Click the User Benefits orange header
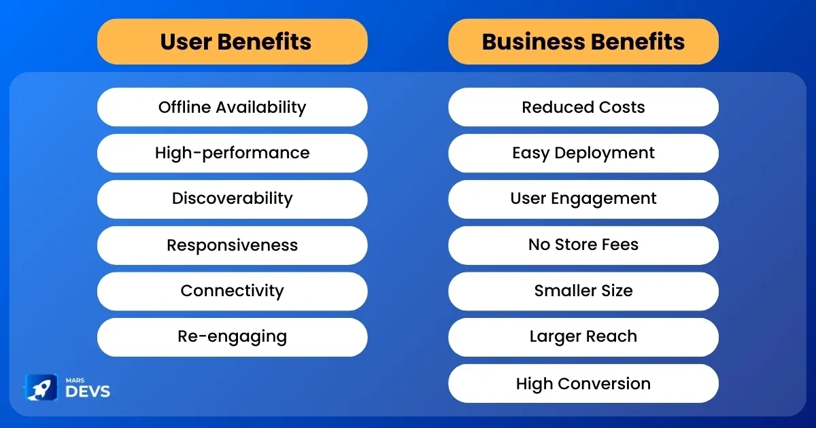(233, 42)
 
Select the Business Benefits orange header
(583, 42)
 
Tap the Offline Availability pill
(233, 107)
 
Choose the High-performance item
(233, 154)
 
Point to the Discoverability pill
(233, 199)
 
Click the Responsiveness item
(233, 245)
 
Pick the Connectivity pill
(233, 291)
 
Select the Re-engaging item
(233, 337)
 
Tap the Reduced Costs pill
(583, 107)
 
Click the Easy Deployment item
(583, 154)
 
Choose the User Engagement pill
(583, 199)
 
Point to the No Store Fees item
(583, 245)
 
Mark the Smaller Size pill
(583, 291)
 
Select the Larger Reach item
(583, 337)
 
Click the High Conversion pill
(583, 383)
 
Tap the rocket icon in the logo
(41, 388)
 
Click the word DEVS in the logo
(88, 391)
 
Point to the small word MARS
(75, 380)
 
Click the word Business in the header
(533, 42)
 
